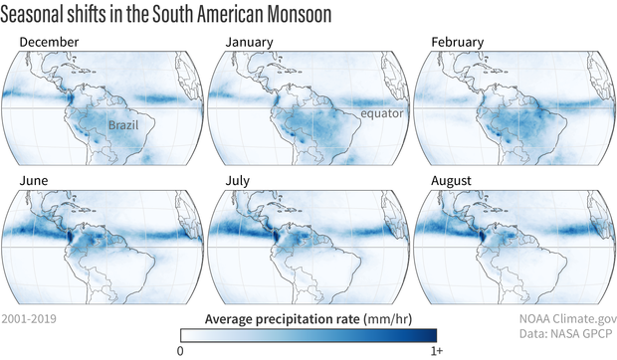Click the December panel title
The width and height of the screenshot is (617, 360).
(x=49, y=43)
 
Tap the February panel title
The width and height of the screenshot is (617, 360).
(x=458, y=43)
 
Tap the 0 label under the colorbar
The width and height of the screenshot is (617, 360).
(x=181, y=352)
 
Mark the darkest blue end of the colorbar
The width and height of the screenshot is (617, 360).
(x=434, y=335)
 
